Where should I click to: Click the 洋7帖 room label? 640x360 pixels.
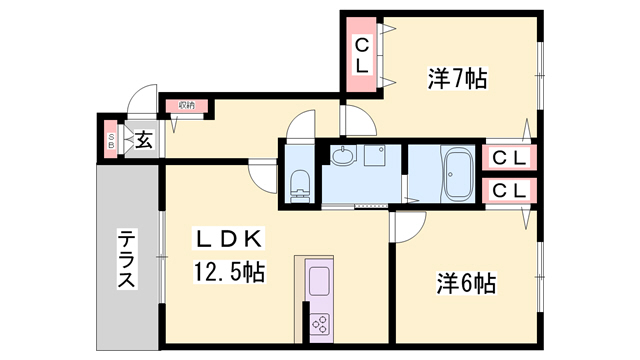click(x=458, y=78)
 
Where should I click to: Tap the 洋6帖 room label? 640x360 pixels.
click(x=466, y=283)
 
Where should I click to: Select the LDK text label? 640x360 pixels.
click(x=228, y=238)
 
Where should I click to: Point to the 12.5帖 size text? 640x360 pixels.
click(x=228, y=271)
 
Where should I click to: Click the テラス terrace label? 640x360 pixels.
click(x=127, y=259)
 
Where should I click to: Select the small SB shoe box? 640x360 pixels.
click(x=111, y=140)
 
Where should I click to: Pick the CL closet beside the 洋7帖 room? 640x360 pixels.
click(x=362, y=54)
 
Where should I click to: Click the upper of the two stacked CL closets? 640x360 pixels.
click(x=507, y=157)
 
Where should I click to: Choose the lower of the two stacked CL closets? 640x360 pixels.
click(x=507, y=190)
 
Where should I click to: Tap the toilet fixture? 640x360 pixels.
click(x=298, y=184)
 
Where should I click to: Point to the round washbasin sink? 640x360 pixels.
click(x=343, y=156)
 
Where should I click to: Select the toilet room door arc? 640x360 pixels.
click(x=263, y=177)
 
